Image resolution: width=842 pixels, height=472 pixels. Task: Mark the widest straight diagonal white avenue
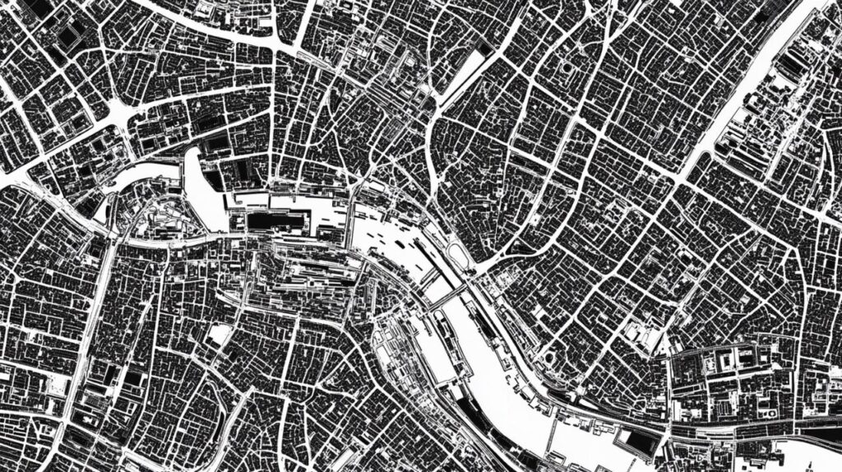pos(740,107)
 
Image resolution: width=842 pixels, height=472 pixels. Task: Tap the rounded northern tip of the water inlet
pos(193,156)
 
